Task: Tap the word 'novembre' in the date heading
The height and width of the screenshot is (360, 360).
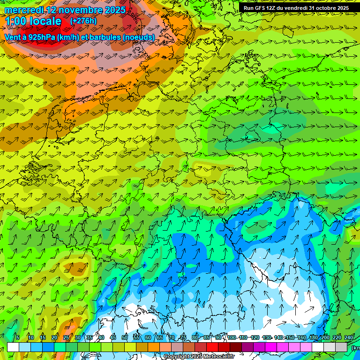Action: tap(82, 10)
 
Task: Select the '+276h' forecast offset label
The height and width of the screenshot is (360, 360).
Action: tap(83, 21)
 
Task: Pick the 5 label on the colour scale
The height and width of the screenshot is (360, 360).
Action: tap(18, 337)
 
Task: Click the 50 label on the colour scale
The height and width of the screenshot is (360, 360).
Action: tap(125, 337)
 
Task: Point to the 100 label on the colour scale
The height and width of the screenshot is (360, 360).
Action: tap(232, 337)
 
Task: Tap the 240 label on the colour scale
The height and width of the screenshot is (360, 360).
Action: tap(349, 337)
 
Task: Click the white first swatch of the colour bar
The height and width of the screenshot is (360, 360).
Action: tap(13, 347)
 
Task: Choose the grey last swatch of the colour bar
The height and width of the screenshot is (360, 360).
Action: tap(341, 347)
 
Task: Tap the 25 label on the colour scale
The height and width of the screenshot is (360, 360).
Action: tap(66, 337)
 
